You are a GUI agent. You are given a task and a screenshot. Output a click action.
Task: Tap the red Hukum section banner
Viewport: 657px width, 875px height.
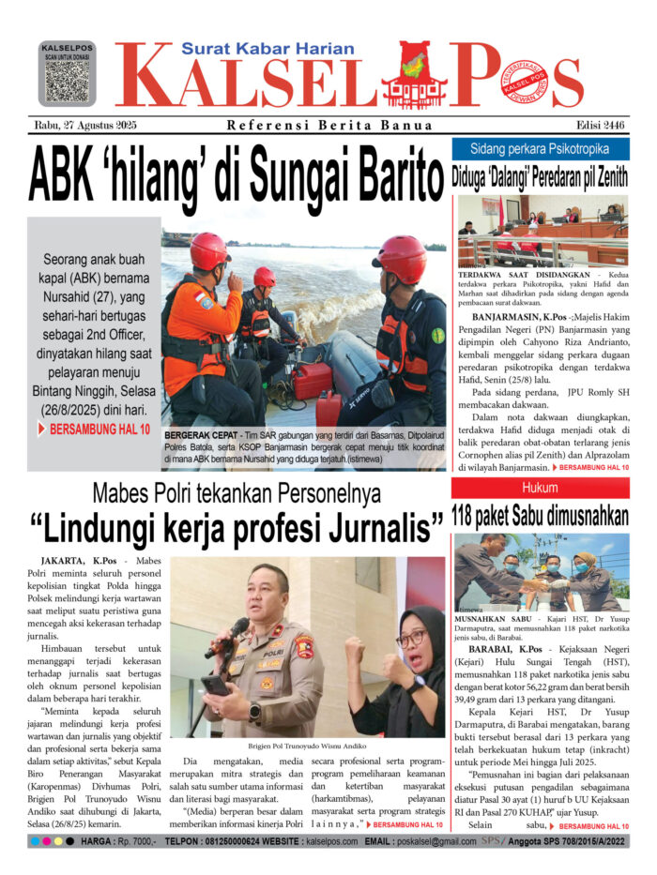(541, 488)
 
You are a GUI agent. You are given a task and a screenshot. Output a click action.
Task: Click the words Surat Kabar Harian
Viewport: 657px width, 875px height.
(267, 49)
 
